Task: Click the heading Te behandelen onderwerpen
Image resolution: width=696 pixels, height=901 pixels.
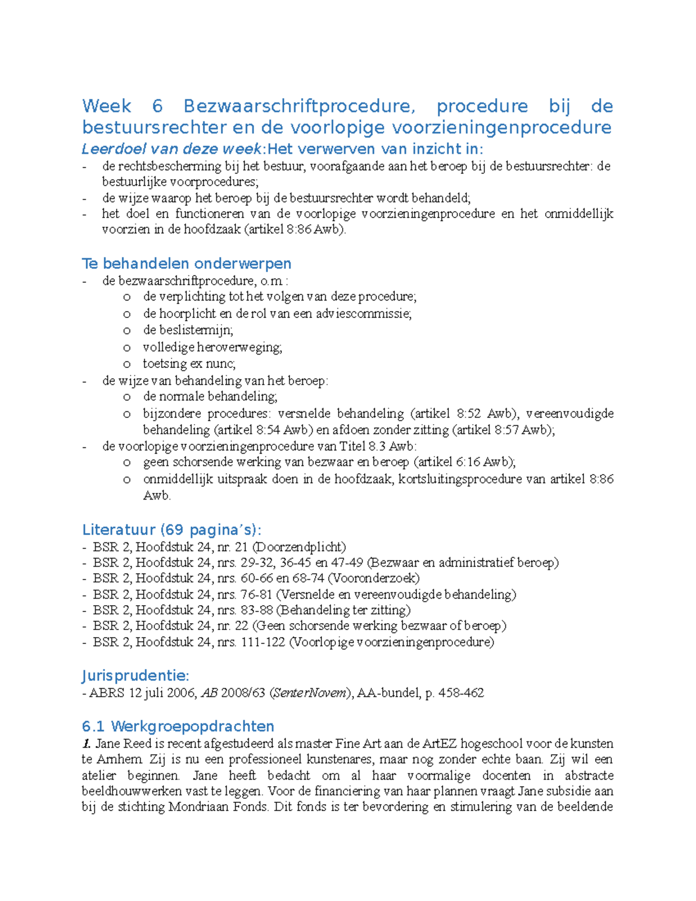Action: (186, 263)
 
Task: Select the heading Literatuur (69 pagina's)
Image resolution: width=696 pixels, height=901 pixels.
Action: (172, 530)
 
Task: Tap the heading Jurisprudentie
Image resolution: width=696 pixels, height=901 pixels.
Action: (135, 676)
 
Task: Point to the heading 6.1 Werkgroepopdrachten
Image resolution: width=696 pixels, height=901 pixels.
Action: (177, 726)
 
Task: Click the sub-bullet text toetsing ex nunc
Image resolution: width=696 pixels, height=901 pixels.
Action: (189, 364)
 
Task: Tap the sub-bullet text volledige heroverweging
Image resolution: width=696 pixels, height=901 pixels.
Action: (212, 347)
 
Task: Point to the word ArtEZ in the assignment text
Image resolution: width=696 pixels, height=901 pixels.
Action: (440, 744)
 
